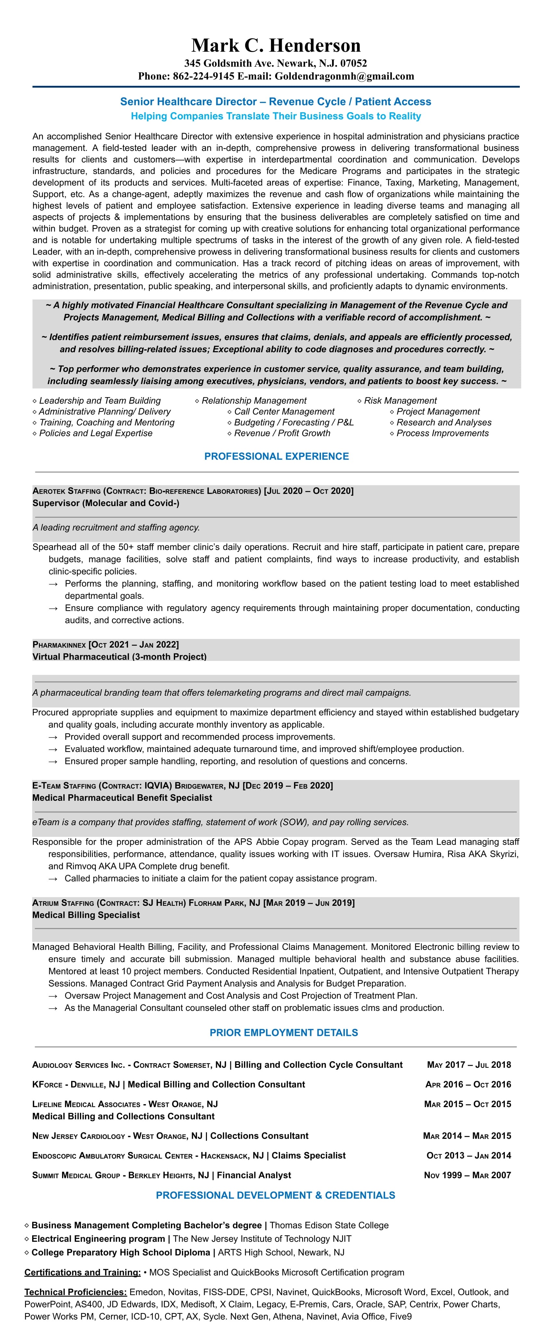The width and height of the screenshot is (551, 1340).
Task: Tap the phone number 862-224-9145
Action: pos(204,76)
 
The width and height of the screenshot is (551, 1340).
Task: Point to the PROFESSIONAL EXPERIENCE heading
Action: pos(276,456)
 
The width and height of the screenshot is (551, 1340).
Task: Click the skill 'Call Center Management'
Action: pos(284,411)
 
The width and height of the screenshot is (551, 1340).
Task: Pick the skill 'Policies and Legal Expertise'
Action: pos(96,433)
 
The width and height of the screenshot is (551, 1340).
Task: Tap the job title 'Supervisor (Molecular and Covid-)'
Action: pos(106,503)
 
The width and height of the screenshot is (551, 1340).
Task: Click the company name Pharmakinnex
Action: pos(59,645)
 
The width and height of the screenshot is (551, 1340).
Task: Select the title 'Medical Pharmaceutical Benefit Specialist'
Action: pos(122,797)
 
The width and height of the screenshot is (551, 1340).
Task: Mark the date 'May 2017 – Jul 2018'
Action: pos(468,1065)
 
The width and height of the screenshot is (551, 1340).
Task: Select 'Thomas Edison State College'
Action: pos(329,1225)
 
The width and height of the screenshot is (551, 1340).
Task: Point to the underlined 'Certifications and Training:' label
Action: pos(82,1272)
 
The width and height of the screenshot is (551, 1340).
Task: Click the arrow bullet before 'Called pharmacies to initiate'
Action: pos(53,878)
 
